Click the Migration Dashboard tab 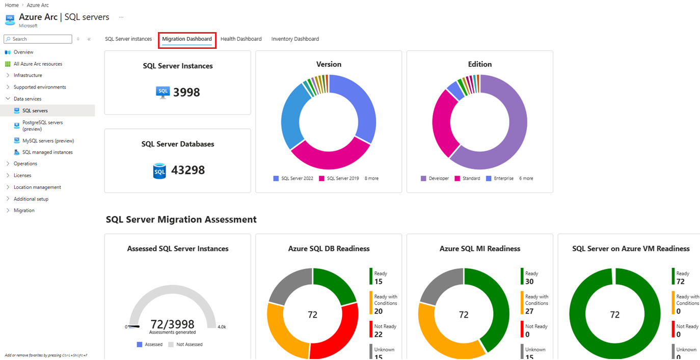click(187, 39)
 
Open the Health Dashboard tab click(241, 39)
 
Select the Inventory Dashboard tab click(295, 39)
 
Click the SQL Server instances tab click(128, 39)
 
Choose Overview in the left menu click(23, 52)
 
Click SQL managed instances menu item click(47, 152)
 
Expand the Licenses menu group click(22, 175)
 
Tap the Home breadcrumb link click(12, 5)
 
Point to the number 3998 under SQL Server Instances click(186, 93)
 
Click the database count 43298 click(189, 170)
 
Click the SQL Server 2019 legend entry click(342, 179)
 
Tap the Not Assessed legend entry click(189, 345)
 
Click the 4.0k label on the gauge click(222, 327)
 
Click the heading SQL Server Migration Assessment click(181, 219)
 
